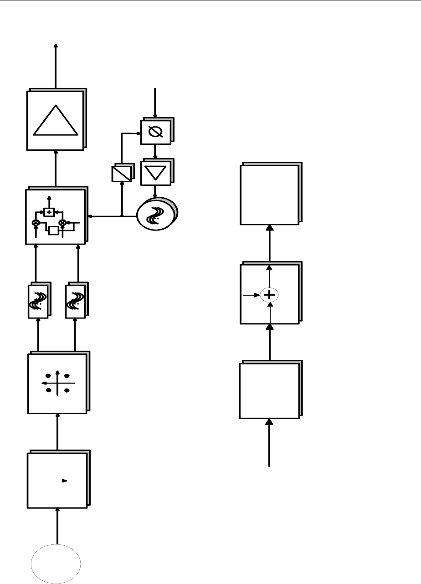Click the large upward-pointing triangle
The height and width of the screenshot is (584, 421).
click(56, 121)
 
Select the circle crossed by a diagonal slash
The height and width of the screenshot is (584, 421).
click(156, 133)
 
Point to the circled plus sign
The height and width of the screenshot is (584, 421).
click(269, 295)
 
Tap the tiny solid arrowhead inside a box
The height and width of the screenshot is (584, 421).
click(65, 480)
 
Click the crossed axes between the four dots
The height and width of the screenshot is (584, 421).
click(57, 383)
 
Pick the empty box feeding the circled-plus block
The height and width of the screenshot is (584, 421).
click(269, 390)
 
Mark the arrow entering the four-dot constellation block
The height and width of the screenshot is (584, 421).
click(57, 433)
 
